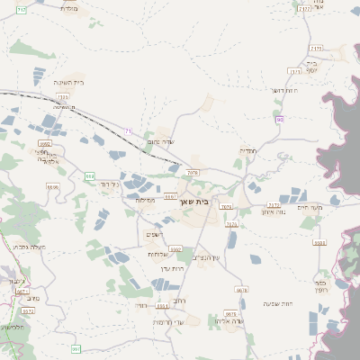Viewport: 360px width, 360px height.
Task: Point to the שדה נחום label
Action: click(159, 142)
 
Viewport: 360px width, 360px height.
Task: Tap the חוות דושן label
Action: click(283, 90)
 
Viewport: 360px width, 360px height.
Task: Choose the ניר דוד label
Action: click(109, 183)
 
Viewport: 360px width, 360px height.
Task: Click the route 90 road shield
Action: click(280, 120)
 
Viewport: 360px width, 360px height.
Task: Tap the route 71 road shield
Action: click(129, 132)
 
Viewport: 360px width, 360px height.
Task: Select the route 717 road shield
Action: click(22, 8)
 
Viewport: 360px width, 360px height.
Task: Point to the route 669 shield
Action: click(89, 175)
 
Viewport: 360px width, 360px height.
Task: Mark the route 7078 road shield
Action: click(193, 171)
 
